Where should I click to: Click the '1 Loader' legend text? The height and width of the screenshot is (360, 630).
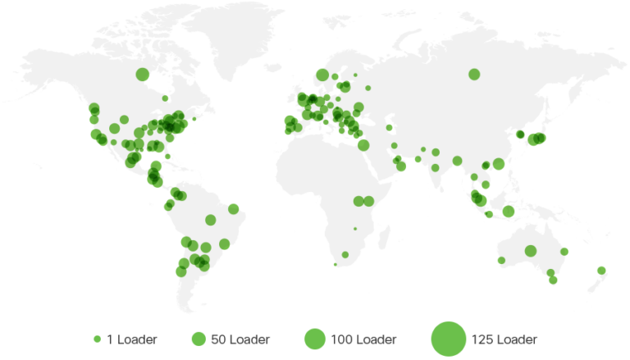tap(131, 339)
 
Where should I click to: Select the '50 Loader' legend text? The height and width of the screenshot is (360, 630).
tap(240, 339)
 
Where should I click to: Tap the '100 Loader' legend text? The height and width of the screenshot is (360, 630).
tap(363, 339)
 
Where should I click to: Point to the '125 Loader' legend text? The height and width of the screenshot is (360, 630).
tap(504, 339)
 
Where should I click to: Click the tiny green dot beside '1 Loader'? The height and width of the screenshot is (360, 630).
tap(98, 339)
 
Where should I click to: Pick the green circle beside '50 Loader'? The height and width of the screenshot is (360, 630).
tap(198, 339)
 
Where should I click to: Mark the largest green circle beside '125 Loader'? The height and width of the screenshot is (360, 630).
tap(448, 338)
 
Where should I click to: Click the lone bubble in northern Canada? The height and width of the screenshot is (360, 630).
tap(142, 75)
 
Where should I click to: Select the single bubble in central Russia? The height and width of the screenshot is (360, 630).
tap(474, 75)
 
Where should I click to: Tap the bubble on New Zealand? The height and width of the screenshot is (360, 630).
tap(601, 270)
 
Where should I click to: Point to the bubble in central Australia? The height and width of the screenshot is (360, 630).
tap(531, 250)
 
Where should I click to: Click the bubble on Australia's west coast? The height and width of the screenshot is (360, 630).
tap(501, 261)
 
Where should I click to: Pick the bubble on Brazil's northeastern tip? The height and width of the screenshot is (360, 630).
tap(234, 208)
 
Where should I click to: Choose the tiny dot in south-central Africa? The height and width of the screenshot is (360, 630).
tap(355, 229)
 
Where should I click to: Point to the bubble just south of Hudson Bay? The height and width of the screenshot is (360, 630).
tap(165, 98)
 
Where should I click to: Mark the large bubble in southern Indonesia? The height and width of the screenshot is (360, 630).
tap(509, 212)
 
